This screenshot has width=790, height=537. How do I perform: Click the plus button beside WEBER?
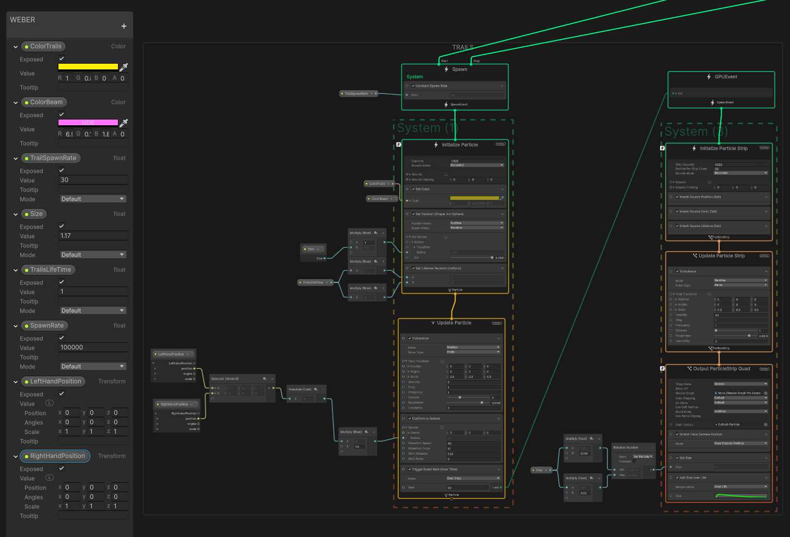point(124,26)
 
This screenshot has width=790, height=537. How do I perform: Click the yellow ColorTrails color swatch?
point(88,67)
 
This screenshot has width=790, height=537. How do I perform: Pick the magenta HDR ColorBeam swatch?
point(88,123)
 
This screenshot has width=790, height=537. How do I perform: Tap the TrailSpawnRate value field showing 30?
point(93,180)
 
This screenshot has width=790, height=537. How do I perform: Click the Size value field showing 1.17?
point(93,236)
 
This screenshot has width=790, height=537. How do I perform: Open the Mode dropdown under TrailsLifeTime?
point(93,311)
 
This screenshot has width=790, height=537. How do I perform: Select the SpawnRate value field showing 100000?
point(93,348)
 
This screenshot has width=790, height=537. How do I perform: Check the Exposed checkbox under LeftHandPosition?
point(62,393)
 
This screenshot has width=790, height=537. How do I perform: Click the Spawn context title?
point(459,69)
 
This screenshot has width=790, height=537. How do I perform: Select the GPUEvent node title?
point(725,77)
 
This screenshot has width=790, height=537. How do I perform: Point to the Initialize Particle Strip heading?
point(723,149)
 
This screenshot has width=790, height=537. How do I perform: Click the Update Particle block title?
point(454,323)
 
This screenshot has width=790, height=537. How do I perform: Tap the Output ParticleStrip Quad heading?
point(721,369)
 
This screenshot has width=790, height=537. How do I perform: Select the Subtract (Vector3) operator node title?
point(225,379)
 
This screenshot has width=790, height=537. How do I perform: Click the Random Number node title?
point(626,448)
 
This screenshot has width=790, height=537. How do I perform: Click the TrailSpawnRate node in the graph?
point(356,94)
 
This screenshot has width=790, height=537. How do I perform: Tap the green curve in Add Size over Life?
point(741,495)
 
